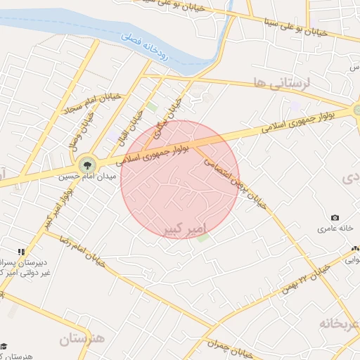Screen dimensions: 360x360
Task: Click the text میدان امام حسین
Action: click(x=84, y=179)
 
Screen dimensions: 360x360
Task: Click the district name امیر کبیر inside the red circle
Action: click(x=182, y=229)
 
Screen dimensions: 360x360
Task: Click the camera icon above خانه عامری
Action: click(x=335, y=218)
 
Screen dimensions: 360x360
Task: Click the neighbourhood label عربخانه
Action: click(x=338, y=323)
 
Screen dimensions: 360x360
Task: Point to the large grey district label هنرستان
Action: click(x=82, y=339)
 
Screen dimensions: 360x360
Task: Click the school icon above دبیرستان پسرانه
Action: click(x=21, y=251)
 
